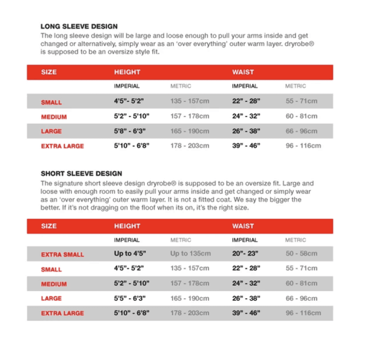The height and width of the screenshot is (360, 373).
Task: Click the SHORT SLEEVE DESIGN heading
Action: (81, 174)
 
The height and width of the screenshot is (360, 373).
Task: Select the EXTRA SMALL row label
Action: (62, 255)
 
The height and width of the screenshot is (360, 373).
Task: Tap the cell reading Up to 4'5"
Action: (129, 254)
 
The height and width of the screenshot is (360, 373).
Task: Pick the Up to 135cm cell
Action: (190, 254)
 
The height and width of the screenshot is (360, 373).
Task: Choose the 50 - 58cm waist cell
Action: (301, 254)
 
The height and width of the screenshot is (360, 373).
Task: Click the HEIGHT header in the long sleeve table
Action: (127, 73)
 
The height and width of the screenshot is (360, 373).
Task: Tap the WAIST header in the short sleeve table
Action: (243, 226)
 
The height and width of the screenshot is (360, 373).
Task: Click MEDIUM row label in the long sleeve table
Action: (54, 117)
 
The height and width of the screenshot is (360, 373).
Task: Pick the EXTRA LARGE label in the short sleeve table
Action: (62, 313)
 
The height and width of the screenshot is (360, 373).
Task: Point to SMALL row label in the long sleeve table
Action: (51, 102)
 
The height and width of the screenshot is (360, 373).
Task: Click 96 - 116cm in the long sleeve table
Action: (304, 146)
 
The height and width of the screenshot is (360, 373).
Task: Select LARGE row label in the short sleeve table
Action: (51, 298)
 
